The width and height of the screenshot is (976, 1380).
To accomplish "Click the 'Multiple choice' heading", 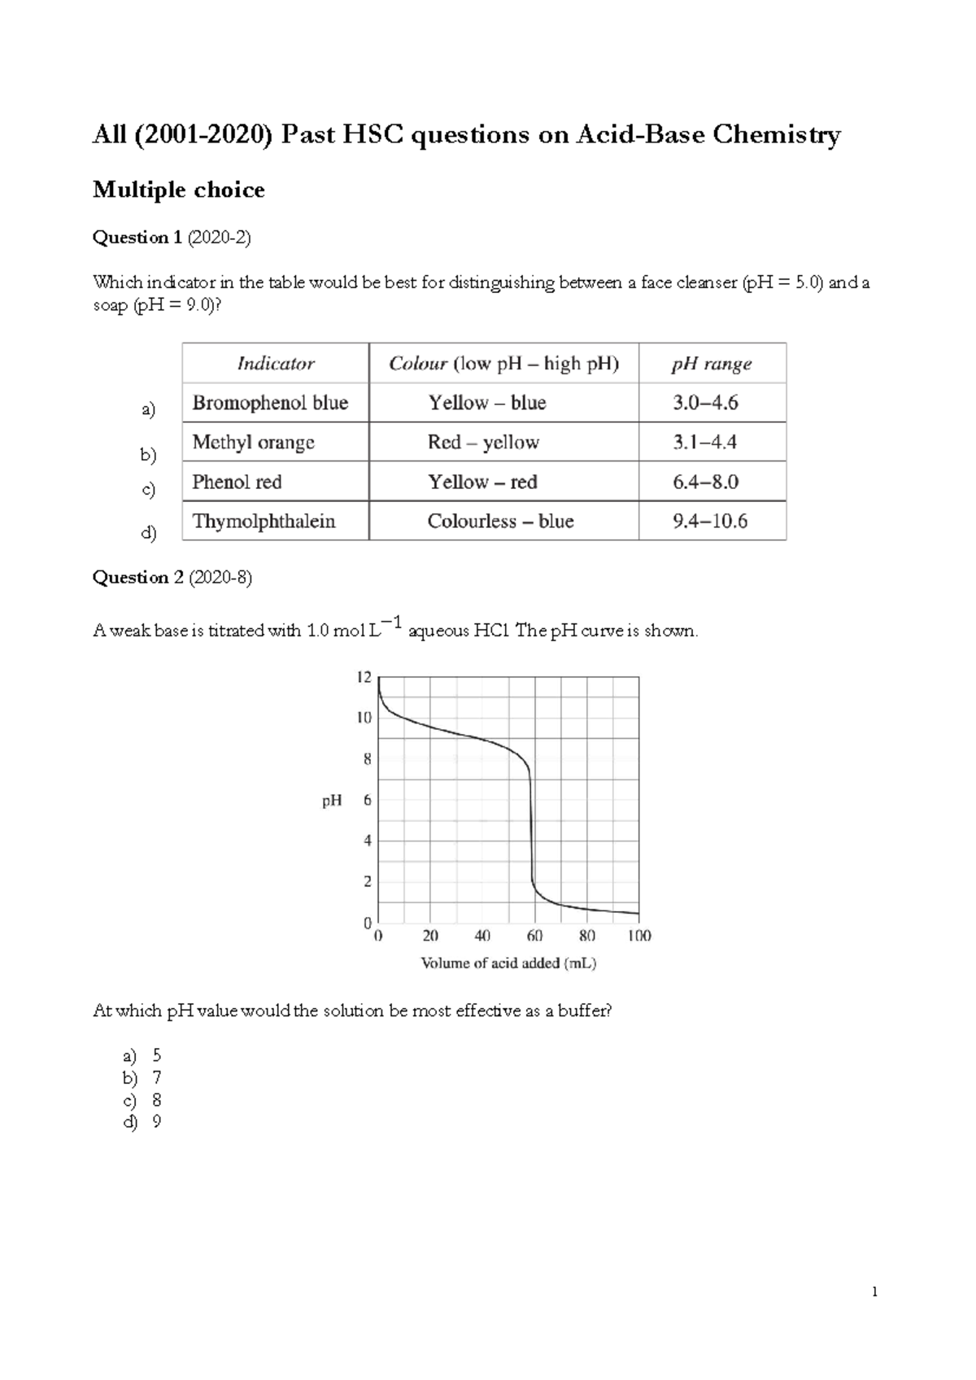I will point(179,190).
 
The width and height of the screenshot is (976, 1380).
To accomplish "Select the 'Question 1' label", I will point(137,238).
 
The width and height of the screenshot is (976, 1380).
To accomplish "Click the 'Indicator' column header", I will point(276,364).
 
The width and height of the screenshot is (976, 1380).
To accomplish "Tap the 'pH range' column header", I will point(711,364).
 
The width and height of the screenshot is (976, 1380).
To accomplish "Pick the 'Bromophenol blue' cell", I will point(270,403).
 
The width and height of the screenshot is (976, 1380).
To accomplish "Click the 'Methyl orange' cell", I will point(253,443).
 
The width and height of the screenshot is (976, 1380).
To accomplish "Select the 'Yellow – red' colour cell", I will point(482,482).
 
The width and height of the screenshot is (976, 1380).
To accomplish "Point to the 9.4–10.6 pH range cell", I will point(710,522).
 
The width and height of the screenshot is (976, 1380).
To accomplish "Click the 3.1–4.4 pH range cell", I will point(704,443).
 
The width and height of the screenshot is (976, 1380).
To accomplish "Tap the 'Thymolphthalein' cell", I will point(264,522).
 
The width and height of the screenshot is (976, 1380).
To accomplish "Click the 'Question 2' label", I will point(137,578).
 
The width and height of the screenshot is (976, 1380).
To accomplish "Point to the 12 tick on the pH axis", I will point(364,677).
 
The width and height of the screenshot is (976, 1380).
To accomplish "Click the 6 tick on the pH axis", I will point(368,801).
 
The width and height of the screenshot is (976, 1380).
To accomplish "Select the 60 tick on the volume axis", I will point(534,937).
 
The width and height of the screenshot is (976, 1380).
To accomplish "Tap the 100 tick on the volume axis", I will point(639,937).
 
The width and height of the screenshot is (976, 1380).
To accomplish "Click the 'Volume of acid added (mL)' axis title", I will point(508,963).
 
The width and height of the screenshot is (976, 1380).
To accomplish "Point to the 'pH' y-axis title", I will point(332,801).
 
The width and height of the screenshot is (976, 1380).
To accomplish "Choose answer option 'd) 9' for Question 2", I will point(142,1123).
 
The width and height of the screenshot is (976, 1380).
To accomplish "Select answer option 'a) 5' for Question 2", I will point(142,1056).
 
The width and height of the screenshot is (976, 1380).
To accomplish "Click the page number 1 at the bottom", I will point(874,1292).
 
